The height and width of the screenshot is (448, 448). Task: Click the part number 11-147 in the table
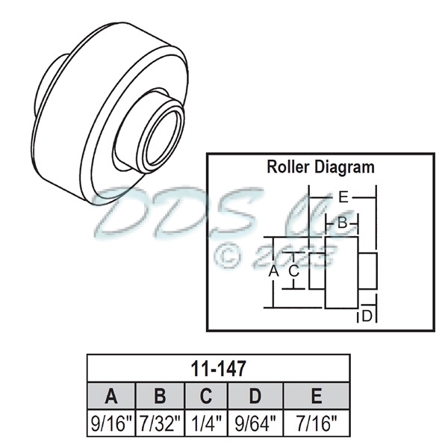pos(219,368)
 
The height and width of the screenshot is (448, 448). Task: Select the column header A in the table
pos(111,396)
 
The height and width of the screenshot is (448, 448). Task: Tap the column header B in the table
pos(160,396)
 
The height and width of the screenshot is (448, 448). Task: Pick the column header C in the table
pos(206,396)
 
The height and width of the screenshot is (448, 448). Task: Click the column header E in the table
pos(317,396)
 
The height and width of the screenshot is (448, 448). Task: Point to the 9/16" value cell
pos(111,423)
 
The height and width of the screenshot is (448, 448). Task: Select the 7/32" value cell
pos(160,423)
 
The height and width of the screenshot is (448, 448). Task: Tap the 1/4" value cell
pos(206,423)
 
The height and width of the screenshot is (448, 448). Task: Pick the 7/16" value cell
pos(317,423)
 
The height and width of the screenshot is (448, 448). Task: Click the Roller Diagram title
pos(320,167)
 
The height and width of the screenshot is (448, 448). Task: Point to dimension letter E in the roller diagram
pos(343,198)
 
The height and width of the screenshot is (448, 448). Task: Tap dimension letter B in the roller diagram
pos(341,223)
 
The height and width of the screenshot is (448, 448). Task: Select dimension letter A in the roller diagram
pos(273,272)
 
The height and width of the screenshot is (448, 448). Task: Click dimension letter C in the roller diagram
pos(294,271)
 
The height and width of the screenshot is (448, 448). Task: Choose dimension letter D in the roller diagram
pos(367,317)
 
